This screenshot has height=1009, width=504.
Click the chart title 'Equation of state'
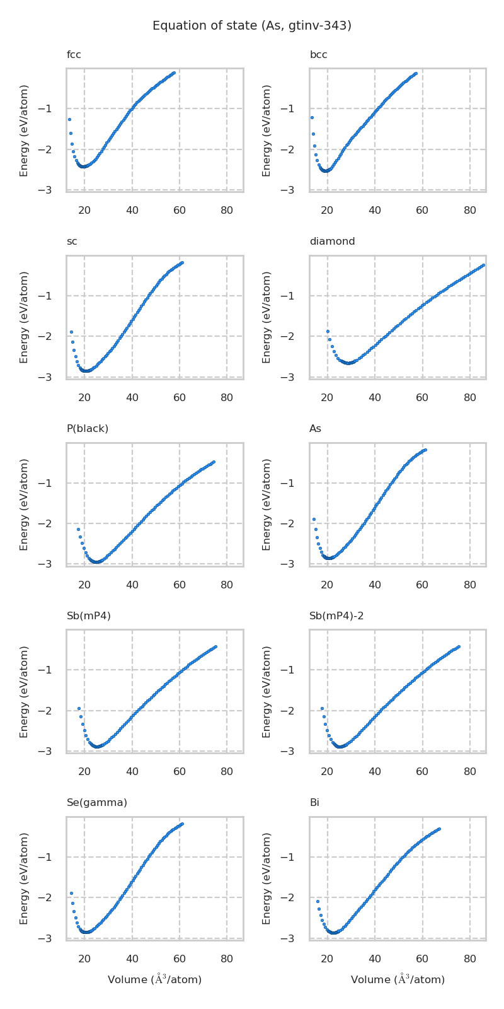coord(252,26)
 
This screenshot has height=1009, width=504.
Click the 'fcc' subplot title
coord(74,55)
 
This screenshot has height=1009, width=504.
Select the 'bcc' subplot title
coord(318,55)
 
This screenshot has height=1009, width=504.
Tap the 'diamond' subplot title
coord(332,242)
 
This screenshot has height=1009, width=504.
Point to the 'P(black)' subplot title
coord(88,429)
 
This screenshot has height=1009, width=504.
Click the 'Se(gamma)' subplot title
coord(97,803)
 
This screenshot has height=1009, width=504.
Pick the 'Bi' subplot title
coord(314,803)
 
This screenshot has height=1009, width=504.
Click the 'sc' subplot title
coord(72,242)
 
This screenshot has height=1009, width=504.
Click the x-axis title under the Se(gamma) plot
coord(155,979)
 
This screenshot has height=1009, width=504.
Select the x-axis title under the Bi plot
coord(398,979)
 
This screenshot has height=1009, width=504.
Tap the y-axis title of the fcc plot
coord(24,131)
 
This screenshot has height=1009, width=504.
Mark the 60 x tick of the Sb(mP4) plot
coord(180,771)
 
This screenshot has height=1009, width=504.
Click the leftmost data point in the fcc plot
coord(69,119)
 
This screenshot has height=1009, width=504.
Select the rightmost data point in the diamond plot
coord(483,265)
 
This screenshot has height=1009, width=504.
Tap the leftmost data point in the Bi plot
coord(318,901)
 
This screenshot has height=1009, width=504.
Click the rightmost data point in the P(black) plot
coord(214,462)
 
